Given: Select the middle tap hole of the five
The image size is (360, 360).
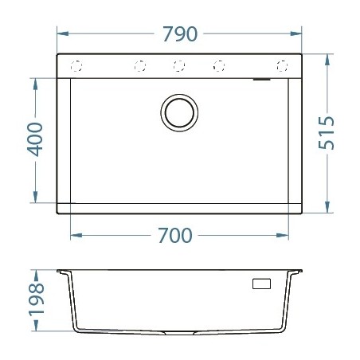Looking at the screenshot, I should pyautogui.click(x=179, y=65).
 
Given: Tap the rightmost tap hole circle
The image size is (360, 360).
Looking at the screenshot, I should pyautogui.click(x=281, y=65).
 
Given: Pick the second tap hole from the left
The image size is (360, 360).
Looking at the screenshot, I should pyautogui.click(x=139, y=65).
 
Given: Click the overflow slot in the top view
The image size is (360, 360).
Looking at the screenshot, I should pyautogui.click(x=261, y=80).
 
